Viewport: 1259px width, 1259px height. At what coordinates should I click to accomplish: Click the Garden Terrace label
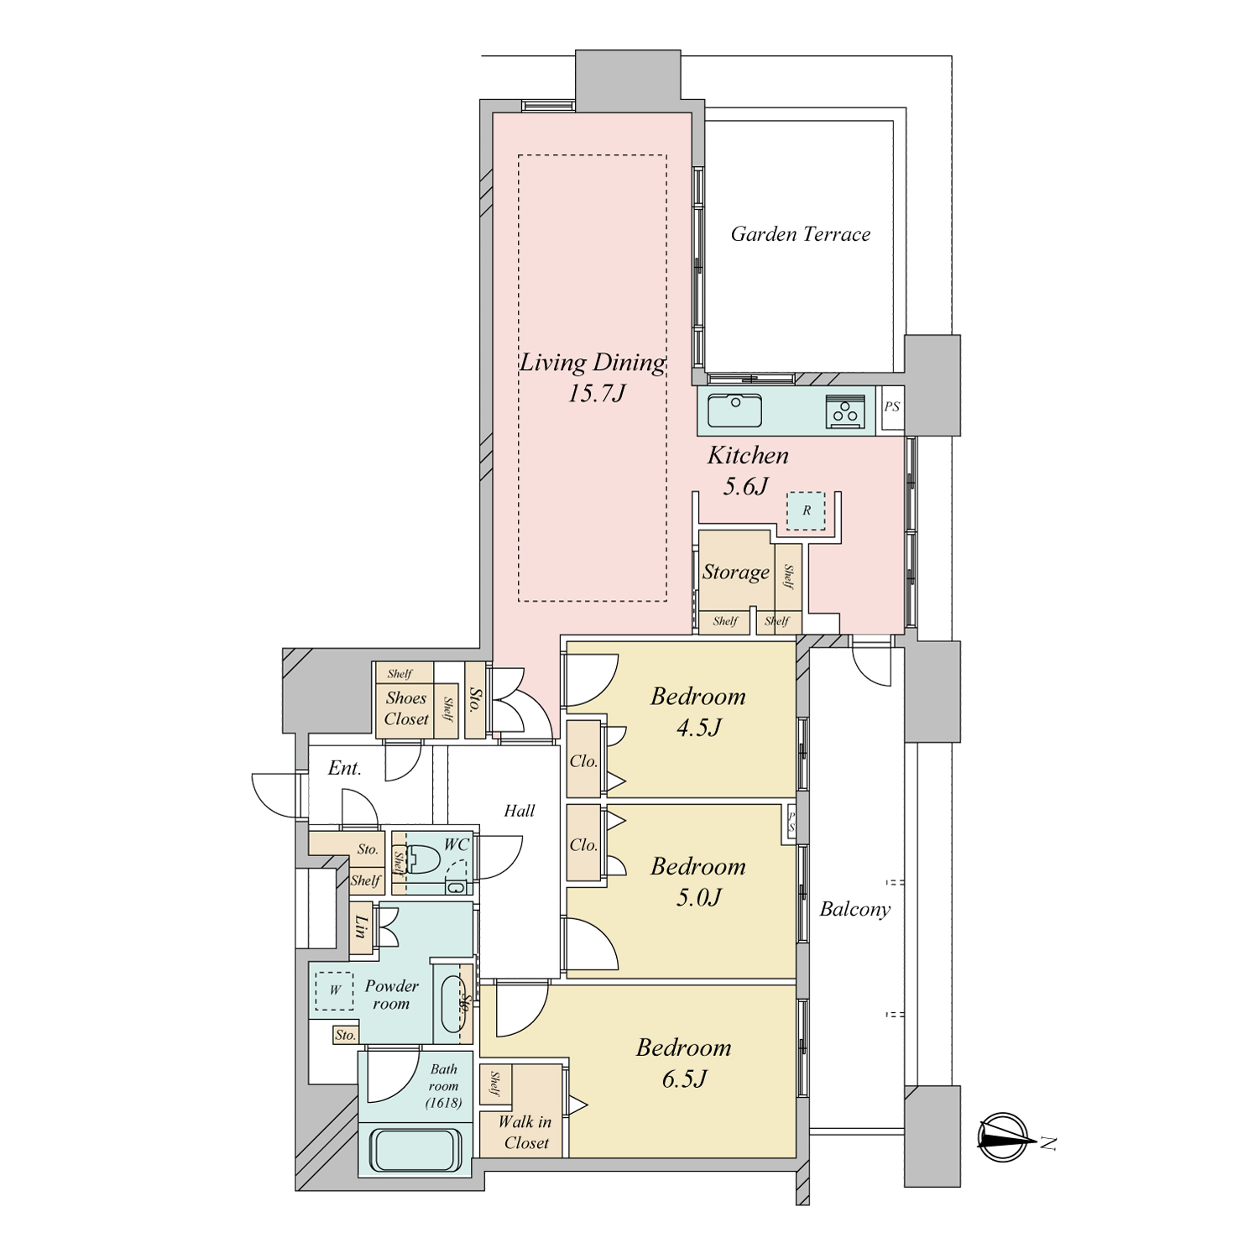800,234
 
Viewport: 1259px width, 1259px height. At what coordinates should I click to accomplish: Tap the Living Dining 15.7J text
593,378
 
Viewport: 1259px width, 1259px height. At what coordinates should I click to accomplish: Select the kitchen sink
734,410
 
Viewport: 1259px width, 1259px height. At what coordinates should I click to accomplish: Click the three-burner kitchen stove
845,411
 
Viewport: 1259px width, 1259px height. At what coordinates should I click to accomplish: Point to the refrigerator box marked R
806,510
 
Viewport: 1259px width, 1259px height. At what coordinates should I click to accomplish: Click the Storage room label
736,572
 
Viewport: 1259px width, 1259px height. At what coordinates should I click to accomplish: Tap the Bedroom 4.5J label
698,712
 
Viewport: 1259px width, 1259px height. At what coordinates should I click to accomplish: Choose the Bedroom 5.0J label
698,882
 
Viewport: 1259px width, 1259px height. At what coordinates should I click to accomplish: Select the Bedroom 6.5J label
684,1063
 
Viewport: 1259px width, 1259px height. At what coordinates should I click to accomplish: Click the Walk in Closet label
525,1132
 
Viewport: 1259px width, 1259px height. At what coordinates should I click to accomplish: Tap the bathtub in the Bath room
417,1150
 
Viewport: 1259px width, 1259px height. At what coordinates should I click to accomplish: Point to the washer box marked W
335,990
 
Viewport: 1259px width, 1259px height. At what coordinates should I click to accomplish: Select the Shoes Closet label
406,708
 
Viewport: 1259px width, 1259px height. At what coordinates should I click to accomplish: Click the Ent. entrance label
344,768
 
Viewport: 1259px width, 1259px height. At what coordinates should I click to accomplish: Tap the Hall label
520,811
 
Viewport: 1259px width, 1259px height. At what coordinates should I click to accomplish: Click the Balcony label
854,909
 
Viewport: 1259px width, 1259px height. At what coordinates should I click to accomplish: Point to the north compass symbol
1004,1137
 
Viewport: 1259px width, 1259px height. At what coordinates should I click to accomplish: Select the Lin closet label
362,927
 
